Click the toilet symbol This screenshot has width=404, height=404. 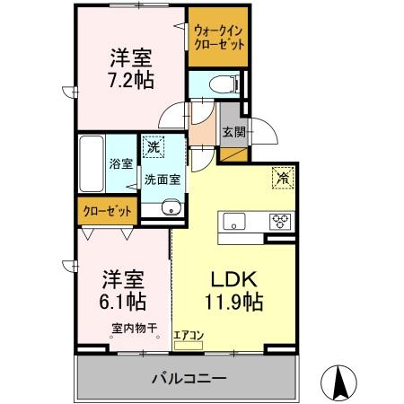tap(224, 83)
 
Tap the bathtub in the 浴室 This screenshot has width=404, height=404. tap(92, 163)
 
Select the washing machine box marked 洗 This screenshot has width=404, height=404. tap(154, 146)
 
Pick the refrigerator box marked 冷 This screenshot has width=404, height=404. tap(283, 178)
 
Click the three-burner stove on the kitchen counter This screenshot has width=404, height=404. tap(280, 222)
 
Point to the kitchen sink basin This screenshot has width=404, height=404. tap(234, 221)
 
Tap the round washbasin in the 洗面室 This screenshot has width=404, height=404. tap(171, 207)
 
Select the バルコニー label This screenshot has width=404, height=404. tap(189, 379)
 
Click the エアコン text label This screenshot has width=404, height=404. tap(189, 335)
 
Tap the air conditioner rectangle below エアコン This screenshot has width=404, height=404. tap(189, 346)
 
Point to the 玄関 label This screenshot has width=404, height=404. tap(234, 132)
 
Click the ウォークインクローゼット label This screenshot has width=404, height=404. tap(219, 38)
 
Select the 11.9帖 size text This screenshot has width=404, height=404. tap(233, 302)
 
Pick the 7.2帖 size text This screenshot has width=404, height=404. tap(131, 80)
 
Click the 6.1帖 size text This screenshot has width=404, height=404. tap(123, 302)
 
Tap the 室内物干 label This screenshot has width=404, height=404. tap(135, 329)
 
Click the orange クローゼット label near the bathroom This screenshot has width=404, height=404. tap(107, 211)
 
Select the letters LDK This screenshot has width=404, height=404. tap(234, 279)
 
